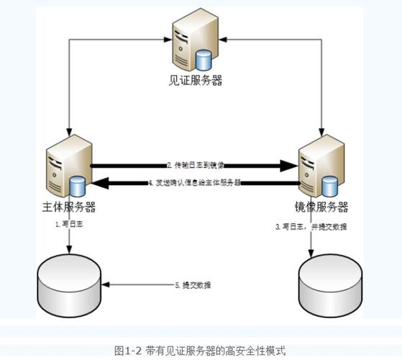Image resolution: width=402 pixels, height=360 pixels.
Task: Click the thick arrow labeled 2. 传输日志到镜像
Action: tap(194, 166)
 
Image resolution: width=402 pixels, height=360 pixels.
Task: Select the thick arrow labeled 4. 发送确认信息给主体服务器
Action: tap(194, 183)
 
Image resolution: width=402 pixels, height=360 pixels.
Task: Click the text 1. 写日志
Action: tap(68, 225)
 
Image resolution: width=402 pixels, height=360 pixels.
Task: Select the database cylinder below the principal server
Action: tap(68, 284)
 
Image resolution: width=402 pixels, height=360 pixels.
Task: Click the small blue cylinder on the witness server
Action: tap(207, 55)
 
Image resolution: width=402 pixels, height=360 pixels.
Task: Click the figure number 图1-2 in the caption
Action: tap(129, 349)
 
